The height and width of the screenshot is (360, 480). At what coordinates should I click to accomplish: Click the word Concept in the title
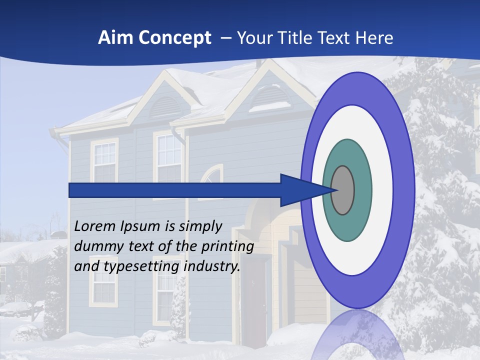174,38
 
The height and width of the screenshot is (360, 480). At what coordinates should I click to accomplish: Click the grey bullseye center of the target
342,190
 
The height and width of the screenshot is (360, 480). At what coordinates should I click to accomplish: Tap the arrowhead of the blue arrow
300,190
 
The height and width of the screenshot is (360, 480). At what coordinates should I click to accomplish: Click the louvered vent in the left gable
165,106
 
